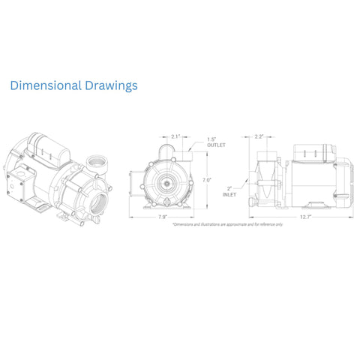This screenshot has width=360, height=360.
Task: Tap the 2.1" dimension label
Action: [175, 136]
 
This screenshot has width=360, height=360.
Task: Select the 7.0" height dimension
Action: [207, 180]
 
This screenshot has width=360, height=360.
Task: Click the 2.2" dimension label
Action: [259, 136]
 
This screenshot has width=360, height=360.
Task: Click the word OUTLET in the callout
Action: [217, 145]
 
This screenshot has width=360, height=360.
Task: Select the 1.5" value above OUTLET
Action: [212, 139]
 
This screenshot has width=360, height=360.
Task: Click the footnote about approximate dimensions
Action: [227, 224]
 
